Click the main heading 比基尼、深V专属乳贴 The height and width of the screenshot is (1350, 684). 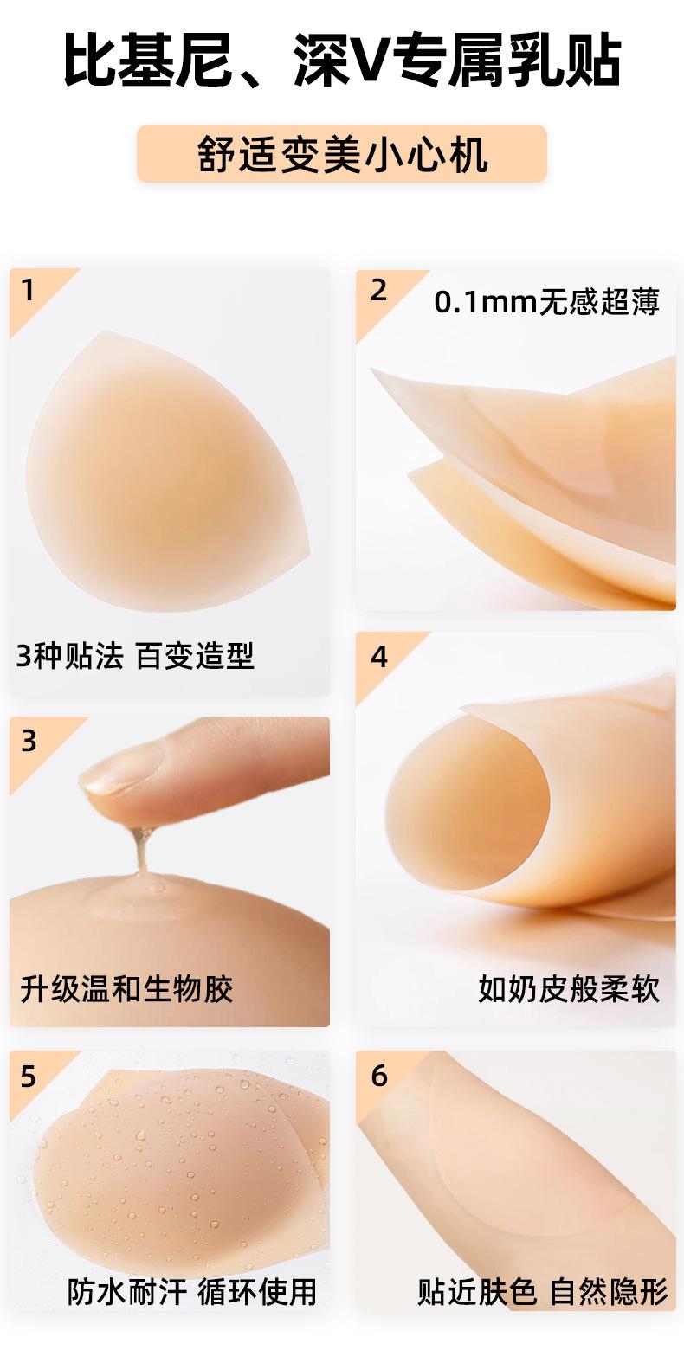click(x=342, y=61)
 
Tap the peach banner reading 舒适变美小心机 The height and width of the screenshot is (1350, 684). click(x=341, y=154)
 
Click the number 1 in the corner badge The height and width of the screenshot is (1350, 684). click(x=27, y=290)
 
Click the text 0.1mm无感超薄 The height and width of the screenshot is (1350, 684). click(x=546, y=302)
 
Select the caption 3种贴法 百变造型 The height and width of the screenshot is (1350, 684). click(x=135, y=656)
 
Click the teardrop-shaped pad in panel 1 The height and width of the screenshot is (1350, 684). click(x=166, y=470)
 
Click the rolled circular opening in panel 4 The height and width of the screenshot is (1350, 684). click(x=468, y=801)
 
